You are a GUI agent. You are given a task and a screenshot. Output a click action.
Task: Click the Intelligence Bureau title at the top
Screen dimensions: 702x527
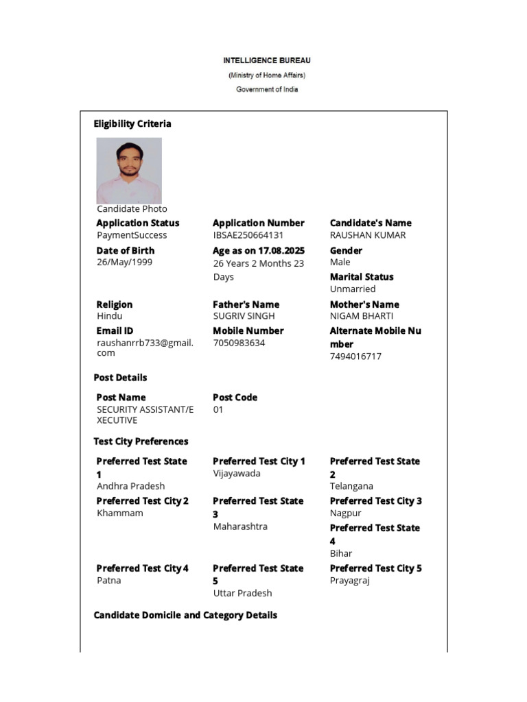coord(266,60)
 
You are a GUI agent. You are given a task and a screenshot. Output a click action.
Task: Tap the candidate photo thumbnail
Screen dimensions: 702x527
coord(129,170)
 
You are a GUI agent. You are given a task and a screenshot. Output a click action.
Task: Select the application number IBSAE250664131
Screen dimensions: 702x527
coord(248,235)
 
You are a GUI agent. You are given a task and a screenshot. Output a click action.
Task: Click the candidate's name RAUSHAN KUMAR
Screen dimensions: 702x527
coord(367,235)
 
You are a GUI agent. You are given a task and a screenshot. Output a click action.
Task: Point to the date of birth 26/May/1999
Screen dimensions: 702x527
coord(124,262)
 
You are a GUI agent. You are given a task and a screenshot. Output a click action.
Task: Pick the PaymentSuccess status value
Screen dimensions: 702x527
coord(131,235)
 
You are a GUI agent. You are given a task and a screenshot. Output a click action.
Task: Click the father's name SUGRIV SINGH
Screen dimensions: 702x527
coord(244,316)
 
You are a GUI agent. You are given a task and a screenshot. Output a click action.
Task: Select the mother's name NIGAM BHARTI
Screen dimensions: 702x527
coord(361,316)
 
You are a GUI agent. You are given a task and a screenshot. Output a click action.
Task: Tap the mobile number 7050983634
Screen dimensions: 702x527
coord(239,343)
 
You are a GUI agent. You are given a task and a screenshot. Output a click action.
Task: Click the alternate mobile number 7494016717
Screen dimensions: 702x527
coord(355,356)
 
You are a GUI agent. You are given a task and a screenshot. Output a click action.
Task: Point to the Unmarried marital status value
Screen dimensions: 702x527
coord(353,289)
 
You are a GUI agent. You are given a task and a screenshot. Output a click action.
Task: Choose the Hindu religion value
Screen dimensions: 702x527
coord(110,316)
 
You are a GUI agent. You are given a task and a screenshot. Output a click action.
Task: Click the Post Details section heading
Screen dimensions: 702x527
coord(120,378)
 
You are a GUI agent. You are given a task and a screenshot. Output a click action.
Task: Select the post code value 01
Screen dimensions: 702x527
coord(218,410)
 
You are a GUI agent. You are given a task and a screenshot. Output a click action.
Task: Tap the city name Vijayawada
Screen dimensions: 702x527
coord(236,474)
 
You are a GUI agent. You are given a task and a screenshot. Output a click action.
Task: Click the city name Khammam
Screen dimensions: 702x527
coord(119,513)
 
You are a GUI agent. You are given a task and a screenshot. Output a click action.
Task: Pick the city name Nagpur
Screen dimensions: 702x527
coord(345,513)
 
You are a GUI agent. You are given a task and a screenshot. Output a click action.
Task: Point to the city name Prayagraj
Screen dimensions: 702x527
coord(349,580)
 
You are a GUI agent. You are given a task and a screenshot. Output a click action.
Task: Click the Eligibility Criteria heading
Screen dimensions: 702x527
coord(132,124)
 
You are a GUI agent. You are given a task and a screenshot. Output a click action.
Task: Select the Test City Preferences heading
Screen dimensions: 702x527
coord(141,441)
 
